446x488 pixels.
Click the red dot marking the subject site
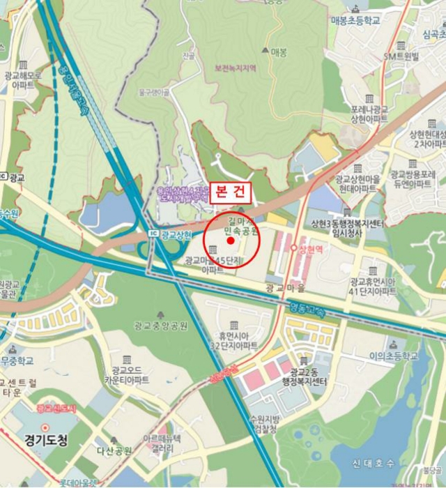tap(231, 241)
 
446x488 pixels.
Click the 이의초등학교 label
tap(394, 356)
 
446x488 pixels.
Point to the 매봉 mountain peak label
tap(279, 52)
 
